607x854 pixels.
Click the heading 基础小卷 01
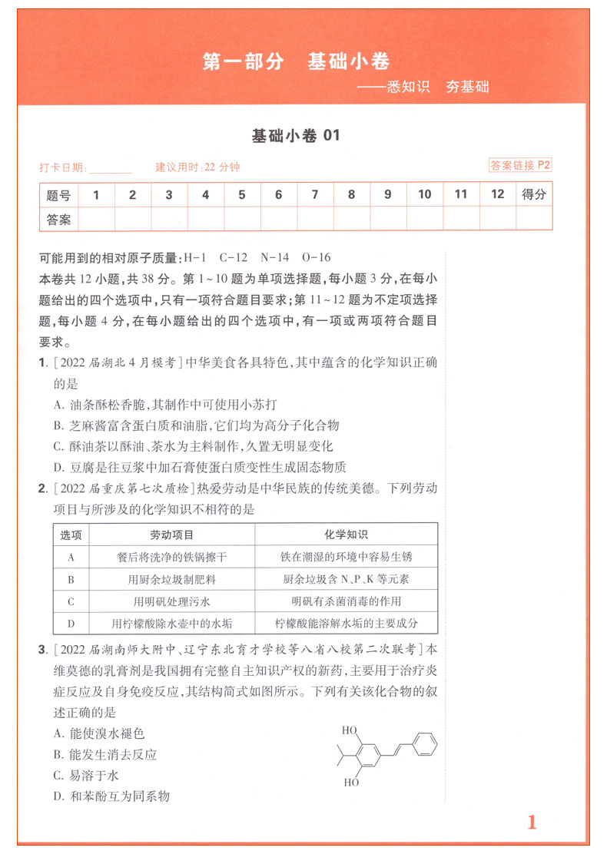click(295, 136)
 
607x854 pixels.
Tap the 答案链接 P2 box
click(521, 165)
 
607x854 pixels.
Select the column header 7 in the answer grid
click(314, 195)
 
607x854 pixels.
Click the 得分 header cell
click(534, 195)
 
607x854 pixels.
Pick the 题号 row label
click(58, 195)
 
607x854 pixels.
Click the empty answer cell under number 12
click(498, 220)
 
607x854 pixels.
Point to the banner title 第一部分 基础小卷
click(296, 62)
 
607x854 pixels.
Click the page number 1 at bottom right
click(532, 823)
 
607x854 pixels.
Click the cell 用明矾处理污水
click(171, 601)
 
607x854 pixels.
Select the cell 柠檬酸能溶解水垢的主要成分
click(347, 624)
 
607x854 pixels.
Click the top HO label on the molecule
click(350, 729)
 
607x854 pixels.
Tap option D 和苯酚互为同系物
click(111, 796)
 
